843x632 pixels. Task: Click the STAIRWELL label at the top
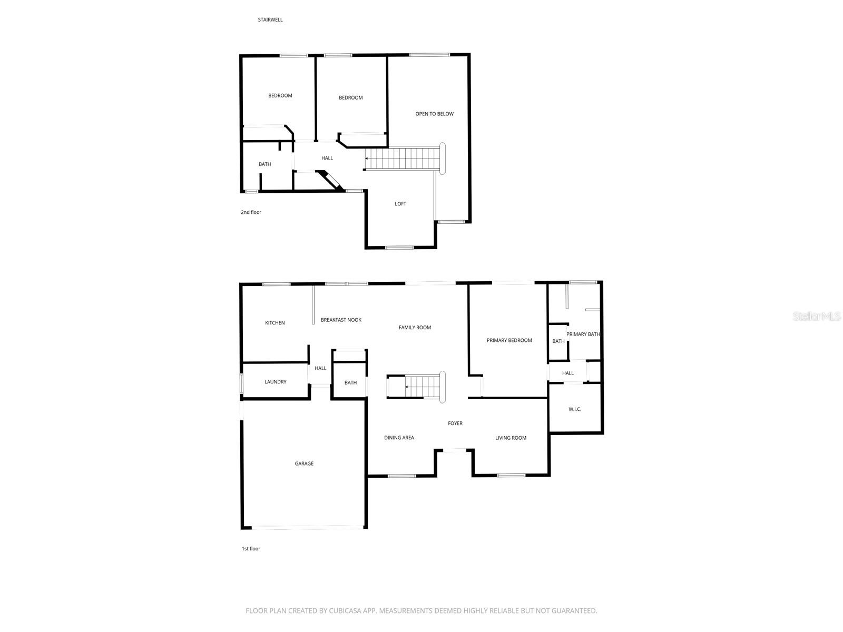click(270, 20)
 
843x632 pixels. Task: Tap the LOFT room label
click(400, 204)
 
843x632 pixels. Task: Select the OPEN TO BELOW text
click(434, 114)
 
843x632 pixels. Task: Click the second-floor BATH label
click(264, 164)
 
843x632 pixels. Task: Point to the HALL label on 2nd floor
click(327, 158)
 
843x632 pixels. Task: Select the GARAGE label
click(304, 463)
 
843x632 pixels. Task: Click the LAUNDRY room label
click(276, 382)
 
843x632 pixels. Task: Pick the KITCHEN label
click(275, 323)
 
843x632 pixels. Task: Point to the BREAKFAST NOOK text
click(341, 320)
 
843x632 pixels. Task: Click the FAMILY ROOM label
click(415, 328)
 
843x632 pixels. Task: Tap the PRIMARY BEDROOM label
click(509, 340)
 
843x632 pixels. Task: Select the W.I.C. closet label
click(575, 409)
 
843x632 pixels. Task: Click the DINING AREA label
click(399, 438)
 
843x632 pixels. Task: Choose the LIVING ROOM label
click(511, 438)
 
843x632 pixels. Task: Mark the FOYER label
click(455, 423)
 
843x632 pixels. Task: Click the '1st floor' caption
click(251, 549)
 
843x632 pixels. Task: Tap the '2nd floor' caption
click(251, 212)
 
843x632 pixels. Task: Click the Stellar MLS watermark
click(816, 317)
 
